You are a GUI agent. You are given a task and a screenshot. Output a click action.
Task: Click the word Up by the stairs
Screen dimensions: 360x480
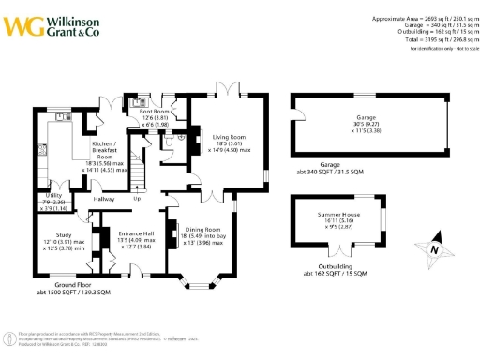tap(137, 199)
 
